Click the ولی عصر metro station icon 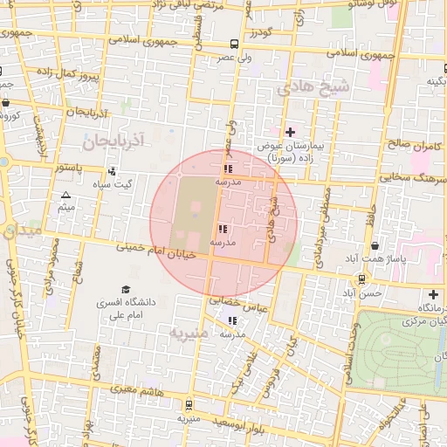tap(233, 44)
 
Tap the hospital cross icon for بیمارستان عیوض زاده tap(290, 132)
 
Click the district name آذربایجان tap(115, 139)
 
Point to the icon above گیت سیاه tap(112, 171)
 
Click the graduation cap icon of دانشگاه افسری tap(126, 289)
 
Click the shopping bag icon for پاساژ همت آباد tap(375, 247)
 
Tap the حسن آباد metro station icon tap(361, 279)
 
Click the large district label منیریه tap(189, 334)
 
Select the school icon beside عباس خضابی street tap(231, 320)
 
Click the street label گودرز tap(260, 32)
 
